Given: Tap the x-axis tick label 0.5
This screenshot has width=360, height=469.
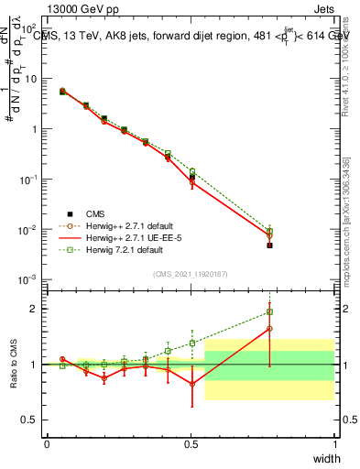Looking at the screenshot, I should click(x=191, y=443).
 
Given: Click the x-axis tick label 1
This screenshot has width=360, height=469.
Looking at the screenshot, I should click(x=334, y=443).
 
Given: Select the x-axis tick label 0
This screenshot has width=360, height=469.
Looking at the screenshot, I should click(x=47, y=443).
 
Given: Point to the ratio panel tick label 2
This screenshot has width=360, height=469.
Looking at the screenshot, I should click(x=37, y=309).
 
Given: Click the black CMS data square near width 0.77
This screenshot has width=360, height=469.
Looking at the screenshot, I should click(x=269, y=245).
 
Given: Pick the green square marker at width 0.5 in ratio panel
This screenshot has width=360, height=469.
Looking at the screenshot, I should click(x=192, y=344).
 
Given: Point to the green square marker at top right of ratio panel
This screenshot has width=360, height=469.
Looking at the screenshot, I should click(x=269, y=311).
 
